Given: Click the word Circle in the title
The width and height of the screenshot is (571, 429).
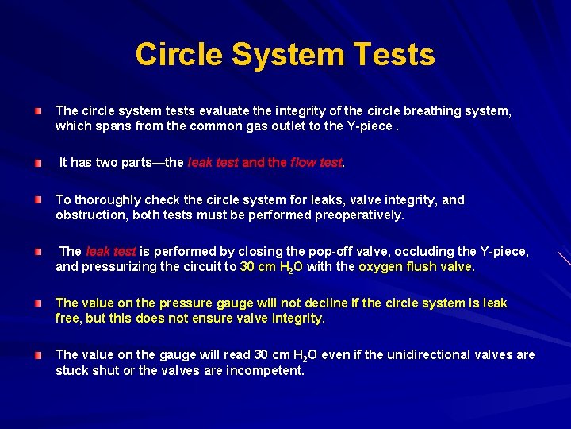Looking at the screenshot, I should point(178,55).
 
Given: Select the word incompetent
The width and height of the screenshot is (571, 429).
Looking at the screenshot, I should point(266,370).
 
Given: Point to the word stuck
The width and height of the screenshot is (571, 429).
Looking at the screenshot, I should point(73,370).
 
